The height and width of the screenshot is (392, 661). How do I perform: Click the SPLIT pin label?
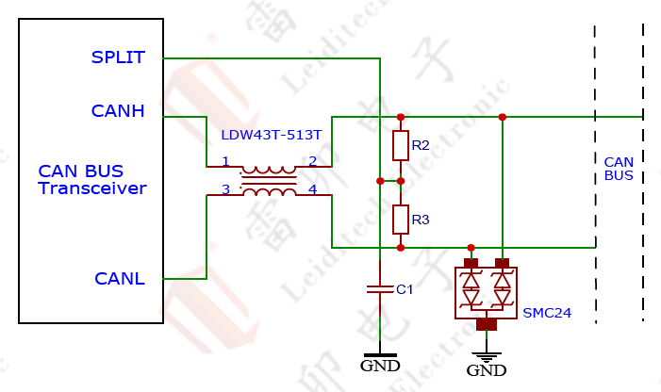click(x=118, y=57)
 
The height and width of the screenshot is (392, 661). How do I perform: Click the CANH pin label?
click(x=118, y=111)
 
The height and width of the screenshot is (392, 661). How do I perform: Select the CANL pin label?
click(x=120, y=279)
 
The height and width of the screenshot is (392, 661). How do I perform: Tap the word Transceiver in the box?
click(x=92, y=188)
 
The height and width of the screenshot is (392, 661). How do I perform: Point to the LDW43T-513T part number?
click(x=271, y=136)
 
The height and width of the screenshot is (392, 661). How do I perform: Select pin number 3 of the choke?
click(x=225, y=189)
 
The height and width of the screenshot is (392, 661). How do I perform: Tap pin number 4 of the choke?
click(x=312, y=189)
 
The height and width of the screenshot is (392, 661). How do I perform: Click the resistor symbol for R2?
click(x=401, y=146)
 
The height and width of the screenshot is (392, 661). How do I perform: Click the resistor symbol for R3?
click(x=401, y=220)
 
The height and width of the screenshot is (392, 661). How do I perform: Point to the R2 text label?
click(x=421, y=145)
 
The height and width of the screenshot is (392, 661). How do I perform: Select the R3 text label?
click(x=421, y=220)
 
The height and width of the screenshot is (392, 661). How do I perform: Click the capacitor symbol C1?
click(x=379, y=289)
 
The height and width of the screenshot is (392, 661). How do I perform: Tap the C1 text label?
click(x=405, y=289)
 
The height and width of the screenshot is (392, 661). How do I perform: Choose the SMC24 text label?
click(x=547, y=312)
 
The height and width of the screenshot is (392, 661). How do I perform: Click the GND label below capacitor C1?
click(x=380, y=366)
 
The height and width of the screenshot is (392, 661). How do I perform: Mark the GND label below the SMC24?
click(x=487, y=370)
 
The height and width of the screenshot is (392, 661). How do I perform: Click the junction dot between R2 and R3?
click(x=401, y=180)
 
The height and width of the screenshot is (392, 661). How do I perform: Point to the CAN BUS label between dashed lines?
click(x=619, y=169)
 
